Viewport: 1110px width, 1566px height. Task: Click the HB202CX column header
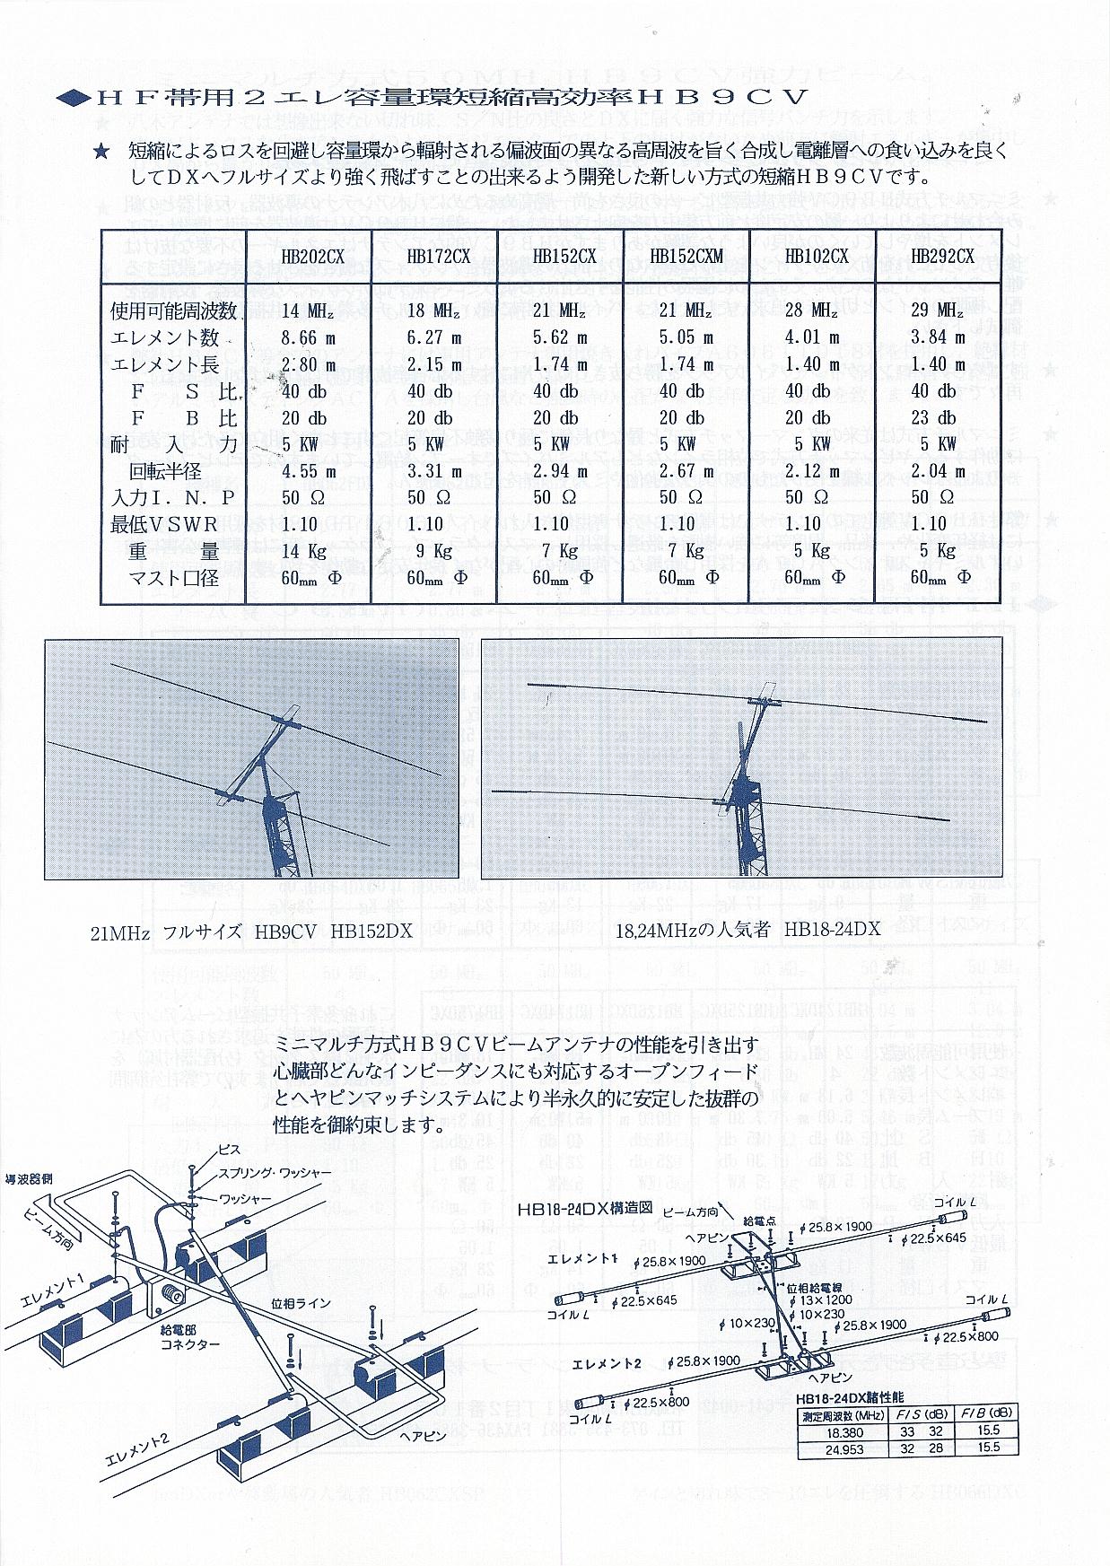tap(312, 256)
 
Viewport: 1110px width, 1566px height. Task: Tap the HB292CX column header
tap(942, 256)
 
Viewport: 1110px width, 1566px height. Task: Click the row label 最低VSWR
tap(161, 524)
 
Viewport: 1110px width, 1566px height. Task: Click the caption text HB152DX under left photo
tap(371, 931)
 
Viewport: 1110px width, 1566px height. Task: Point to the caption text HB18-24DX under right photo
tap(832, 931)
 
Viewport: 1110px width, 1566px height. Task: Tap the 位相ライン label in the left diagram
tap(300, 1302)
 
